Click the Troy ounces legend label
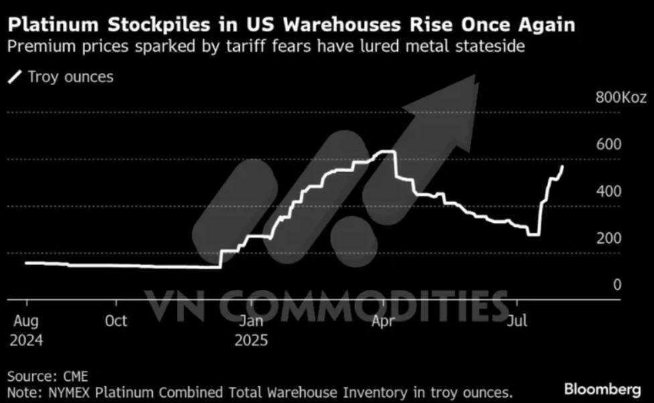tap(70, 76)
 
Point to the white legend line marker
tap(14, 76)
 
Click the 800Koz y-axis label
tap(621, 98)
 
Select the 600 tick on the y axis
tap(608, 145)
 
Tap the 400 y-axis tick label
tap(608, 191)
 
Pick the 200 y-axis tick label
tap(608, 238)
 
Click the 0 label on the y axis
tap(616, 285)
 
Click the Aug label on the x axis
tap(25, 321)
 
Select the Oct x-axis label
tap(116, 321)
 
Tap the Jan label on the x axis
tap(251, 321)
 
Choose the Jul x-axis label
tap(516, 321)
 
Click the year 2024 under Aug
tap(27, 340)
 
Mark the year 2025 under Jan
tap(251, 340)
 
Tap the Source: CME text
tap(48, 376)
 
